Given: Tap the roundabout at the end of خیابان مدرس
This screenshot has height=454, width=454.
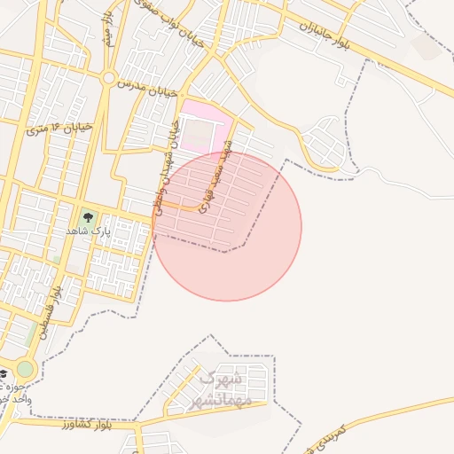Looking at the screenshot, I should [108, 78].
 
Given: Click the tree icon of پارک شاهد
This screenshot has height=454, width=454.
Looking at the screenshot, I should [87, 215].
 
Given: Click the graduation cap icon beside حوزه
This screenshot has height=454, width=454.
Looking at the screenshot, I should [4, 372].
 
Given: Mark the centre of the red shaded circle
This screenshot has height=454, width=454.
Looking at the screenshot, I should [227, 227].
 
